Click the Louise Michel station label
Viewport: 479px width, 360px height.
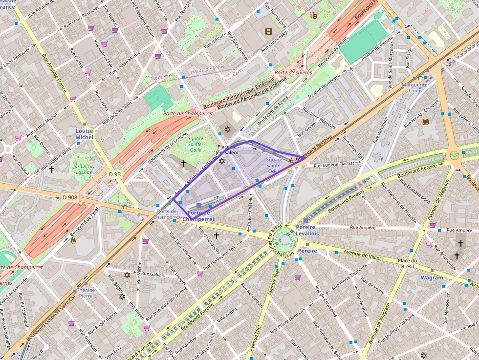(84, 134)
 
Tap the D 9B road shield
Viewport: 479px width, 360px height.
(115, 174)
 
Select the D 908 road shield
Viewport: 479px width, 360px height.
(70, 197)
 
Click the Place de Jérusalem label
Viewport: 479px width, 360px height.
(228, 149)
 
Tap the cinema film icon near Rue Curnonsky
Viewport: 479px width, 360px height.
(268, 32)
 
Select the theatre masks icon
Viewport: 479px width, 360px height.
(313, 15)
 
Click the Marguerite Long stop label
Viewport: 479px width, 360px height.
(414, 88)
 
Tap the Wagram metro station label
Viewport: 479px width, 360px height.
(432, 277)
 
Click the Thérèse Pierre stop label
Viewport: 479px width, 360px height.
(86, 293)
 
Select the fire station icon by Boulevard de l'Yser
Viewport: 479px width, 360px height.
(73, 240)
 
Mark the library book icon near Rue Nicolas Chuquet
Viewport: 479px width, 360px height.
(425, 122)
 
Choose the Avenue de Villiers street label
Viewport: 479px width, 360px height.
(363, 253)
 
